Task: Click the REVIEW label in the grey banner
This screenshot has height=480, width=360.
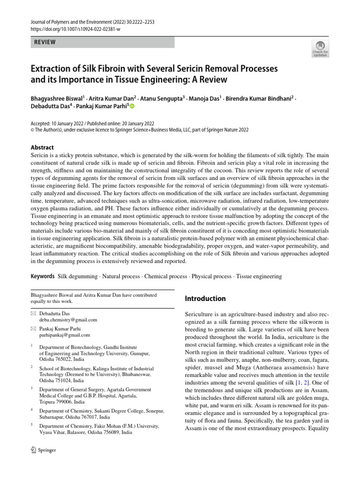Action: click(45, 42)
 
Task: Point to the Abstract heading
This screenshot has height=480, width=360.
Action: click(42, 147)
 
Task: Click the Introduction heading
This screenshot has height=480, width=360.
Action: click(206, 299)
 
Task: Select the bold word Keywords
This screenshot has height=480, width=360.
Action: click(43, 277)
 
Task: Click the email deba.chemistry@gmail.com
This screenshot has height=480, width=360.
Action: click(68, 320)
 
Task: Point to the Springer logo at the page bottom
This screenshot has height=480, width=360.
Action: click(43, 450)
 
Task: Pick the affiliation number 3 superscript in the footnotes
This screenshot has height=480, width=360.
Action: click(31, 389)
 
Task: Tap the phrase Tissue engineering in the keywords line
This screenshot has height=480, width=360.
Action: click(259, 277)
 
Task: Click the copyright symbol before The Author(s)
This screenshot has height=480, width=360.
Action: click(32, 130)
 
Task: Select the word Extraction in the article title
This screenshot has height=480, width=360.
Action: click(50, 69)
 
